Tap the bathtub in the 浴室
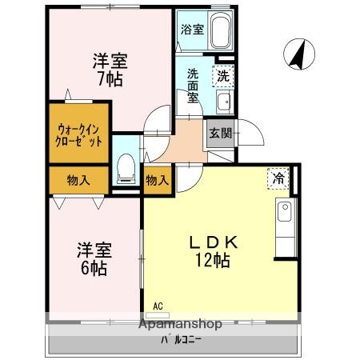(221, 34)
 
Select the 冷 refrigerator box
(278, 178)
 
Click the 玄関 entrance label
(220, 134)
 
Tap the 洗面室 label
(194, 85)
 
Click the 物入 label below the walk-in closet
(78, 180)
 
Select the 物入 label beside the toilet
(157, 180)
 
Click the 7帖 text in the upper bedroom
(110, 79)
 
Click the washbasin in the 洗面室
(224, 102)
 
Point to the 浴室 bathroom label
(193, 30)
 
